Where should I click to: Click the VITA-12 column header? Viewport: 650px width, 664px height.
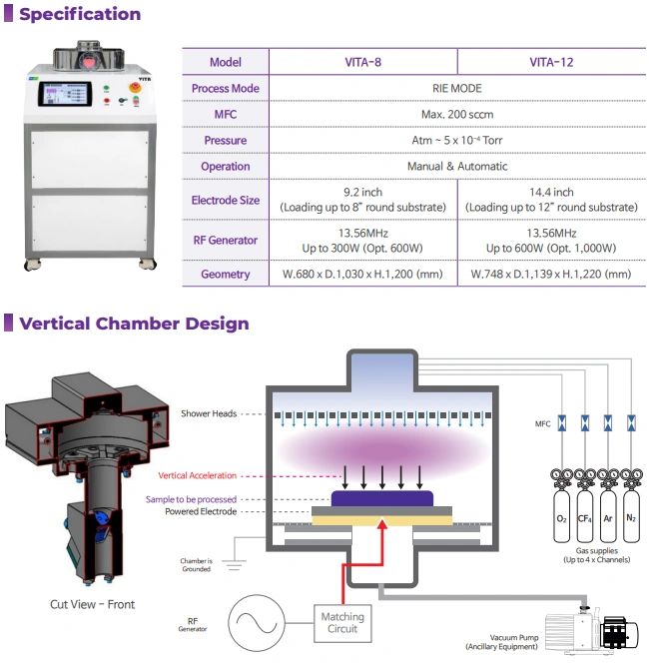tap(551, 62)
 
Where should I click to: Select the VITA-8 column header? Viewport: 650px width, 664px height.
tap(362, 62)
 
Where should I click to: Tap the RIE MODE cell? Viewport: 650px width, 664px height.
tap(457, 89)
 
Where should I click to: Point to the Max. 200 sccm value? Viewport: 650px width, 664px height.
tap(457, 115)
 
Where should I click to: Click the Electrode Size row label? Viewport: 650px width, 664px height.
tap(226, 200)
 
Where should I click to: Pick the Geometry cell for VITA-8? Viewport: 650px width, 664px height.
tap(362, 274)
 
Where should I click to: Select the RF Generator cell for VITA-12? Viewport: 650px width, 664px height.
tap(551, 241)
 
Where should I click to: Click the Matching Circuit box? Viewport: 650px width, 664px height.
tap(342, 623)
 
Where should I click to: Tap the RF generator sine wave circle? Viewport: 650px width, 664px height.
tap(257, 623)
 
